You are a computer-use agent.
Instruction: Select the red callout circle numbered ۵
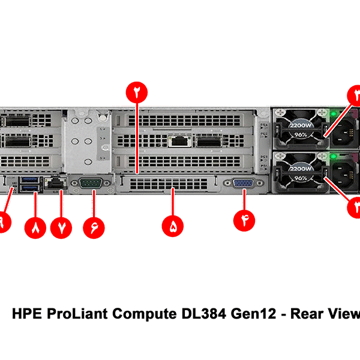pos(173,227)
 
